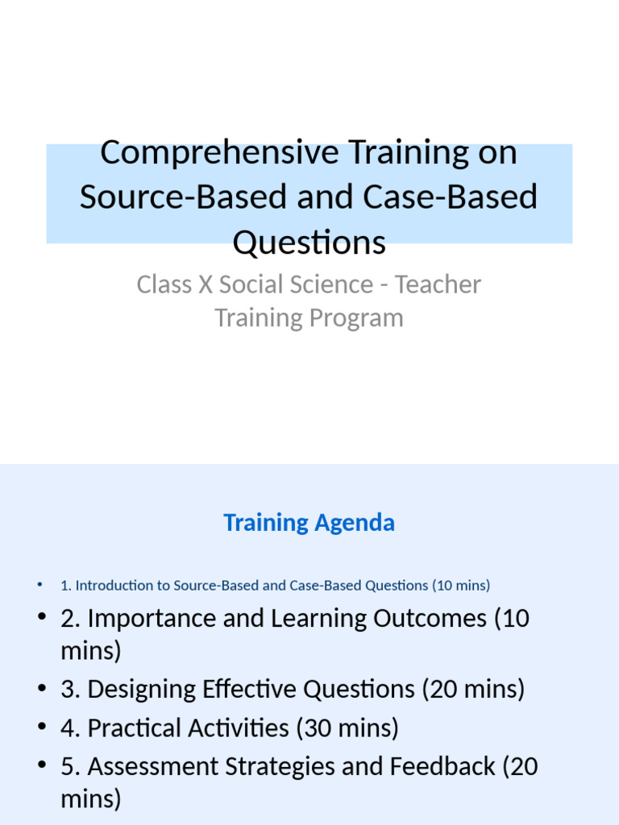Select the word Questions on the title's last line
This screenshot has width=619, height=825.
(309, 241)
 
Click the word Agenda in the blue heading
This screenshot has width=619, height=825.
(355, 523)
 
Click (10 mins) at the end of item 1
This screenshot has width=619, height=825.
(461, 586)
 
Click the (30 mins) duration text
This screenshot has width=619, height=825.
(347, 728)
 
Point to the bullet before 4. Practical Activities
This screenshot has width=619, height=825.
(42, 728)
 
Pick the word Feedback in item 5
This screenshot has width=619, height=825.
(442, 767)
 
